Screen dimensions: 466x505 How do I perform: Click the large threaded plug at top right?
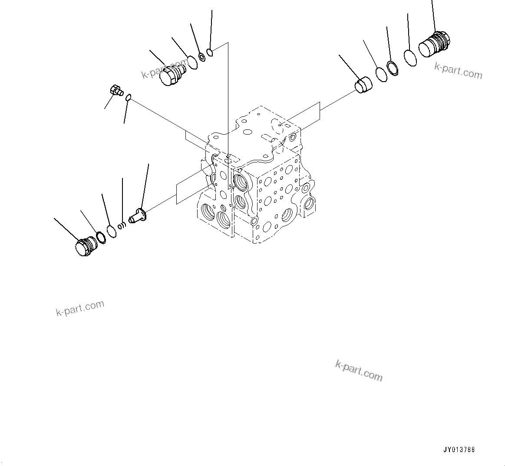point(435,44)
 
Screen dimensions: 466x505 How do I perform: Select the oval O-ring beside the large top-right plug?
point(410,58)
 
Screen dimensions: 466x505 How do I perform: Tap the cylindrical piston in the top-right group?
point(363,85)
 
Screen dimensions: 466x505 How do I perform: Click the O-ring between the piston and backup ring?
point(381,75)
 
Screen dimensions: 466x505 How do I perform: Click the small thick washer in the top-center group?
point(202,56)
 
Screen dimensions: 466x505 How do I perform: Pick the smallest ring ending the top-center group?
point(210,53)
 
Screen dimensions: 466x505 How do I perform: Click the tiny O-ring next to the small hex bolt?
point(128,99)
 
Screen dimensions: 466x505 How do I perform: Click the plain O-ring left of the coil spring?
point(112,231)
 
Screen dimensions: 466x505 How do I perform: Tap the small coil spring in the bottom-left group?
point(123,225)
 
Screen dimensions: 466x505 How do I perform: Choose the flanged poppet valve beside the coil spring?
point(139,216)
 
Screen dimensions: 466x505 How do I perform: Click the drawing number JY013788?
point(459,449)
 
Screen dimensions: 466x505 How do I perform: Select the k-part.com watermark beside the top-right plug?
point(458,71)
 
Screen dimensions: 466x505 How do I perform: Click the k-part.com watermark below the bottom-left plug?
point(80,308)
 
